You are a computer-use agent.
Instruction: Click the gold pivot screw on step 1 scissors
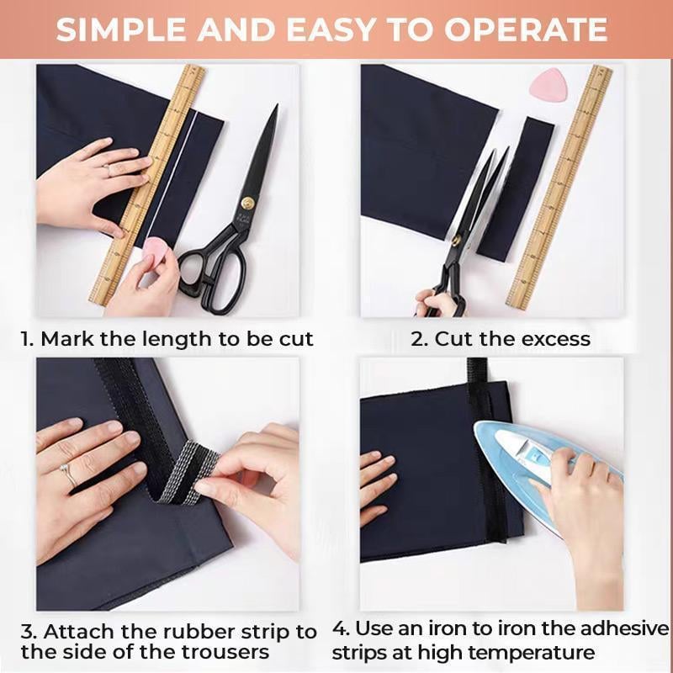[247, 202]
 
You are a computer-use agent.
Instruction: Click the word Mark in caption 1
[65, 339]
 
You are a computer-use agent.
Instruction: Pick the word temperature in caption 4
[532, 652]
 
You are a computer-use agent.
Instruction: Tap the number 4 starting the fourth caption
[338, 629]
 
